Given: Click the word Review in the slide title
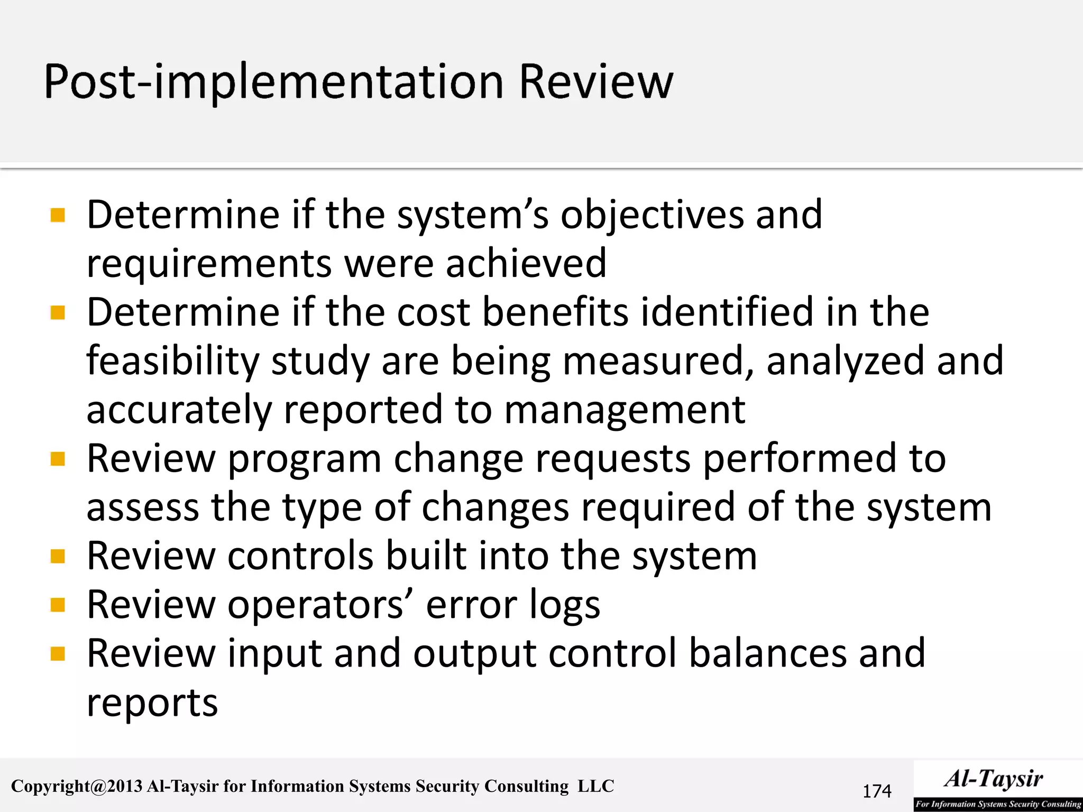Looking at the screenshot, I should [596, 82].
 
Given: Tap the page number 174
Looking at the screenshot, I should [877, 791].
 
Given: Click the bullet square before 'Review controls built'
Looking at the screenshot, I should [58, 556].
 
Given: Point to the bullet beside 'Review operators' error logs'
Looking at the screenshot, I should [58, 605].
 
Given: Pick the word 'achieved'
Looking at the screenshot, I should [526, 263].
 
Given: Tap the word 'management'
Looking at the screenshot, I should [625, 410].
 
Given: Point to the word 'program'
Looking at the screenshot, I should [305, 459].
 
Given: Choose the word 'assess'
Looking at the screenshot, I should [143, 508].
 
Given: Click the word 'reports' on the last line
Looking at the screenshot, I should [152, 703].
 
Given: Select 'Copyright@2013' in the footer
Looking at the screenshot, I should [77, 787].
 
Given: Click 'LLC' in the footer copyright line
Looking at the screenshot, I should [595, 786].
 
